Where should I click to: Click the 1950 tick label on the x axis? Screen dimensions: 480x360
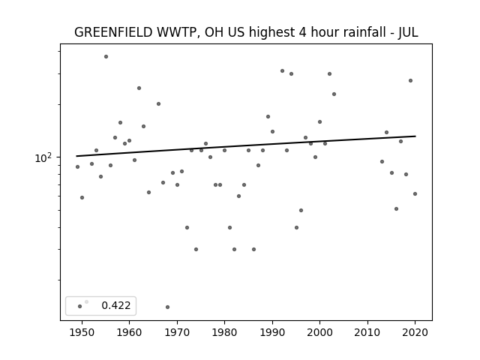point(82,332)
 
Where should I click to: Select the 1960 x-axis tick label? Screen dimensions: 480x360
point(129,332)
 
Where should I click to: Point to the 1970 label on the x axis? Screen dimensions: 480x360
point(177,332)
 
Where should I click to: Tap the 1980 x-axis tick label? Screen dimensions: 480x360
point(224,332)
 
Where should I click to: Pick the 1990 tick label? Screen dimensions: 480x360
point(272,332)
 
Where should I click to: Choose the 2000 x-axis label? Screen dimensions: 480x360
point(320,332)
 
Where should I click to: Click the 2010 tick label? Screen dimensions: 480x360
point(367,332)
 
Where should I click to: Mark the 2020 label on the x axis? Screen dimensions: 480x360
point(415,332)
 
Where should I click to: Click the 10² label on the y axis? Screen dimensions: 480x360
point(43,158)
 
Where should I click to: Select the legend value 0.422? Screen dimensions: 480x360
point(116,305)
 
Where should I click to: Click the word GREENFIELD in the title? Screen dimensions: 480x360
point(113,32)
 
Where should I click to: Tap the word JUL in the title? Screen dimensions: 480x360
point(408,32)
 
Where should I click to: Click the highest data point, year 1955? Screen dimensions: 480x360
point(106,57)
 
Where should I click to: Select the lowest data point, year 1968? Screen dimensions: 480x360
point(167,307)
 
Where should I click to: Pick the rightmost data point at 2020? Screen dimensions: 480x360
point(415,193)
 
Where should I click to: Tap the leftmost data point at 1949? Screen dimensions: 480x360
point(77,166)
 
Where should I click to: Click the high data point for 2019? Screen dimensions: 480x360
point(410,80)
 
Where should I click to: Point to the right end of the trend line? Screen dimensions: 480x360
point(415,136)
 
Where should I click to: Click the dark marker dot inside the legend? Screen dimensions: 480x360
point(80,306)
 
